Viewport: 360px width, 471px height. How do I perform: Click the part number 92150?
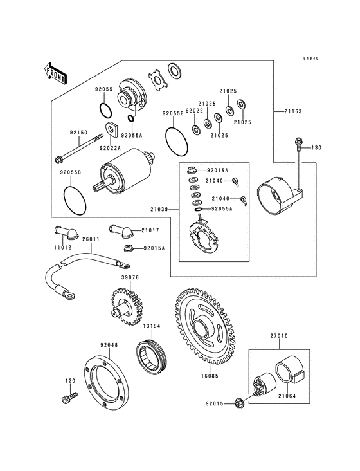[78, 133]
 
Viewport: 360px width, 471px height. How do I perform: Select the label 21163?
[292, 111]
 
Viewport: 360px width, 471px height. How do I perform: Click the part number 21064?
[287, 396]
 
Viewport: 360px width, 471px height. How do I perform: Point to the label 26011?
[91, 240]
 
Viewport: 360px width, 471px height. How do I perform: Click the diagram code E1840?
[311, 59]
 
